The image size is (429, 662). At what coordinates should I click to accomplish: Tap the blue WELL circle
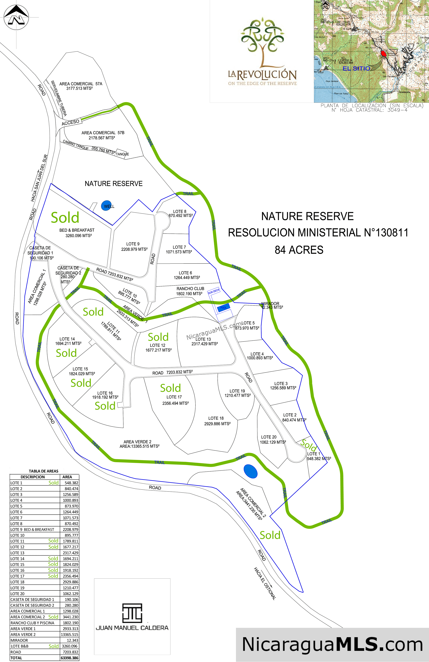106,206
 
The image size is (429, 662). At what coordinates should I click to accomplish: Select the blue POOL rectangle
223,307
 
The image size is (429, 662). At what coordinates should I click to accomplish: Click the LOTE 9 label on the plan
133,244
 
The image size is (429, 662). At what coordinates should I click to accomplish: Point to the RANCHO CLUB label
190,289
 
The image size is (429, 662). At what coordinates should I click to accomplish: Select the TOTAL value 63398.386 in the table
69,658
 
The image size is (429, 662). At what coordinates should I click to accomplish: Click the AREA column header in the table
67,477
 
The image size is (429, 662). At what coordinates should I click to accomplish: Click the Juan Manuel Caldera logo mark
132,613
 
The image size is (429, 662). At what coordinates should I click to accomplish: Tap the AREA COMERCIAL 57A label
81,84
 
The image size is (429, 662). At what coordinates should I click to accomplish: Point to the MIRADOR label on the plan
270,303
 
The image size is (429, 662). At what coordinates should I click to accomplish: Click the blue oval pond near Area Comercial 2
250,471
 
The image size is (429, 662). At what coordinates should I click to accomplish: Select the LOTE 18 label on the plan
216,418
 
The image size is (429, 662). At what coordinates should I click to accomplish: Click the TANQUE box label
122,154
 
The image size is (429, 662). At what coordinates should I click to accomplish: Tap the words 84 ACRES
299,250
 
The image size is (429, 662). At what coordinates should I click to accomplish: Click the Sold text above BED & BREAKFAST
65,218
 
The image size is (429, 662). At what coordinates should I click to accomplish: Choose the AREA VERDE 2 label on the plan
137,442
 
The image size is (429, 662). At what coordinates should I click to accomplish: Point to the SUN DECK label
214,291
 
